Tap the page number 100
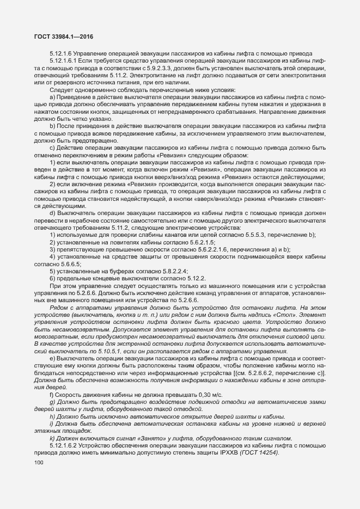39,463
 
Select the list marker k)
52,438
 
